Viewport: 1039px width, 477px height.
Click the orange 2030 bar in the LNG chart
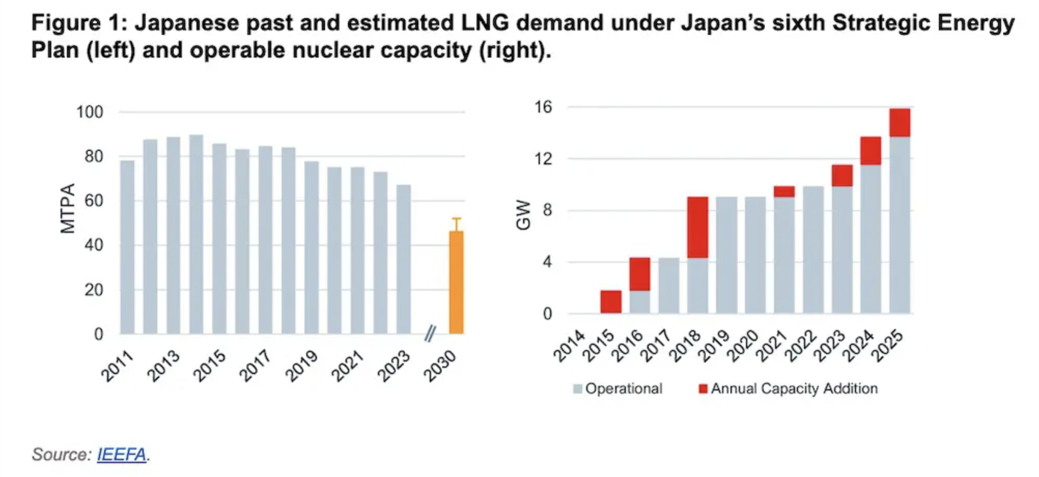(456, 283)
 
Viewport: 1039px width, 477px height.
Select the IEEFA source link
(121, 454)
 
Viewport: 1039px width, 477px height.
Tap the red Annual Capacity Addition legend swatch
(703, 388)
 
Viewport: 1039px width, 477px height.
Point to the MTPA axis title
(68, 208)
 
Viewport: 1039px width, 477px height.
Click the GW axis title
(524, 215)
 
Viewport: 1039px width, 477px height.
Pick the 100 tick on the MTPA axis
(90, 112)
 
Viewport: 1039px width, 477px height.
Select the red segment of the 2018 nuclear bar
(698, 227)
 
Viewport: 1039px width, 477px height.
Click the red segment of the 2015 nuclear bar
(611, 302)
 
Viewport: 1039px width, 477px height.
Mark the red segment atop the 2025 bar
(900, 122)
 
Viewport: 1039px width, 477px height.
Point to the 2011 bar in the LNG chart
(127, 247)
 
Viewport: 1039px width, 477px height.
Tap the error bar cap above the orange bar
(456, 219)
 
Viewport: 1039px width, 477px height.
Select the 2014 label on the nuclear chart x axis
(569, 346)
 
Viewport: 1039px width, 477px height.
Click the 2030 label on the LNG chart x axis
(440, 366)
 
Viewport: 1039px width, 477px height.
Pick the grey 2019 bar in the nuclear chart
(727, 255)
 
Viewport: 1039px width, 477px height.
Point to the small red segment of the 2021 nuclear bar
(784, 191)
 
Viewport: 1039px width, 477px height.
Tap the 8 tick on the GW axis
(547, 211)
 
